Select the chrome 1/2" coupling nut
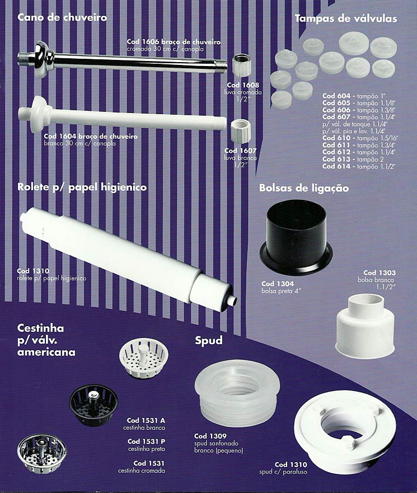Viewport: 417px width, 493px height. click(x=241, y=65)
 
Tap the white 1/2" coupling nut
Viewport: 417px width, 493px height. click(x=241, y=131)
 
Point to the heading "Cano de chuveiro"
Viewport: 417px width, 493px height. click(x=62, y=17)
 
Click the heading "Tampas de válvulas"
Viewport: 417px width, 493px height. click(x=345, y=18)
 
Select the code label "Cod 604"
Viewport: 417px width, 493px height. click(x=336, y=96)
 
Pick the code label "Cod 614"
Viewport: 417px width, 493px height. click(x=336, y=166)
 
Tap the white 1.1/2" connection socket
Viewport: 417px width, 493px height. click(x=365, y=326)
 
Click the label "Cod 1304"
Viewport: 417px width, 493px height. click(x=278, y=284)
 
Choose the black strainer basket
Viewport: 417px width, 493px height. click(x=93, y=403)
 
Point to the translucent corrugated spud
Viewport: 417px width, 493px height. click(x=237, y=393)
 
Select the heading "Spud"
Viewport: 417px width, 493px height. click(x=208, y=340)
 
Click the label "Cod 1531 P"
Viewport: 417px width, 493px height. click(x=146, y=442)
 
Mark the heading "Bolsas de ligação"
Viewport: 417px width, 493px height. click(x=304, y=188)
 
